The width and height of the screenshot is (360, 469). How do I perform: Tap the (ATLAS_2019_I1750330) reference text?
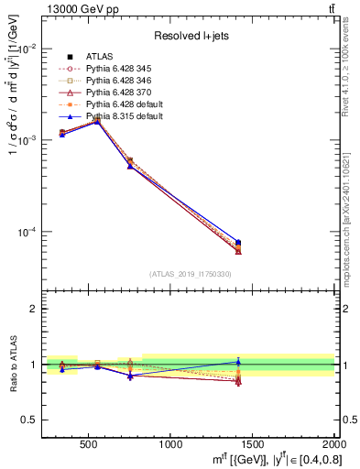pyautogui.click(x=191, y=274)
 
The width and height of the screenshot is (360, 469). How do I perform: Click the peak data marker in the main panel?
pyautogui.click(x=97, y=120)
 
